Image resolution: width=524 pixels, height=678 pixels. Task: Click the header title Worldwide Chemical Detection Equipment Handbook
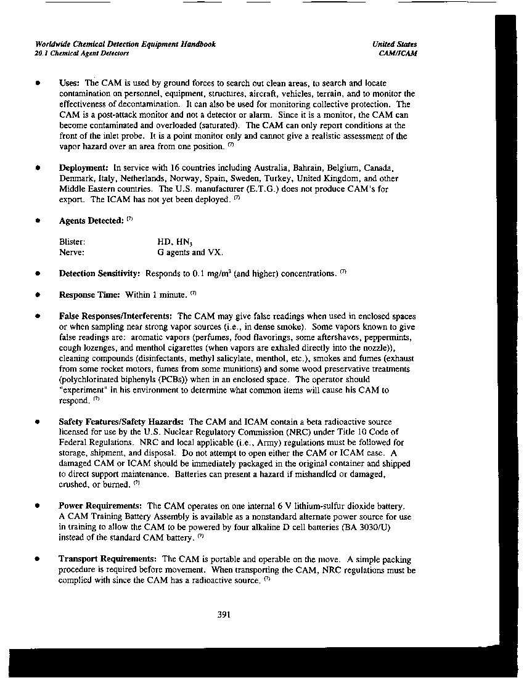(x=126, y=44)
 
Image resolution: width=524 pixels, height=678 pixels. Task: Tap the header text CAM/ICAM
(x=399, y=54)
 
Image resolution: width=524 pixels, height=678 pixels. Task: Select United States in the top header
(x=395, y=44)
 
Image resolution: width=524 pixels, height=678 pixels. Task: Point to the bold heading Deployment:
(x=84, y=168)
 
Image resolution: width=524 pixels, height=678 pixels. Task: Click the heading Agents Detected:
(x=91, y=221)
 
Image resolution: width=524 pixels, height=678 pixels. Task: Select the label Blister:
(x=72, y=242)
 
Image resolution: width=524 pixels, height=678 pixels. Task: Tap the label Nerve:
(x=72, y=252)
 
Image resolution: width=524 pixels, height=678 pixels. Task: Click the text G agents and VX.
(x=190, y=252)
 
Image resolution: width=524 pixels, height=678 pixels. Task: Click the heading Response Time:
(x=89, y=295)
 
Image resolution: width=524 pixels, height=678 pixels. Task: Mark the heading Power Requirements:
(x=100, y=506)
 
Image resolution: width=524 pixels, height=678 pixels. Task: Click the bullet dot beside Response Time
(x=38, y=295)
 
